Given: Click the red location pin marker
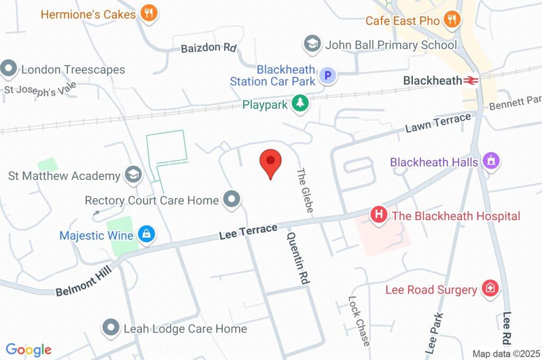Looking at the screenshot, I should pos(270,163).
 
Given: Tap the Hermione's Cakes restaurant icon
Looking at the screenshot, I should pos(149,14).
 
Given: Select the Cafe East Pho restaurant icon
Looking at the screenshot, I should pos(451,21).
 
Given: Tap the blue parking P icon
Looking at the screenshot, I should pos(329,76).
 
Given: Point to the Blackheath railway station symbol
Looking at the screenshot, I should pos(471,80).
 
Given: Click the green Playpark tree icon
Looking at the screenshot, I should pos(301,104).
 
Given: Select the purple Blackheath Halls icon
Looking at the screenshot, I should pos(491,161).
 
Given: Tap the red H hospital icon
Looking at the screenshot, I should pos(379,215).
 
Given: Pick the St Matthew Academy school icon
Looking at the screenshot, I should pos(133,175).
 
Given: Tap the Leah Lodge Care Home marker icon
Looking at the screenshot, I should pos(111,328).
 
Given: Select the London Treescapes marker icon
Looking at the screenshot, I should pos(8,69).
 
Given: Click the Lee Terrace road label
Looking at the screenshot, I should pos(248,231).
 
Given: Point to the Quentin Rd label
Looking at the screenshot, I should pos(297,258).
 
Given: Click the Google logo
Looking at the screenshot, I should pos(29,349).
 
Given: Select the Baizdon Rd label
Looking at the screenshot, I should pos(208,48).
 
